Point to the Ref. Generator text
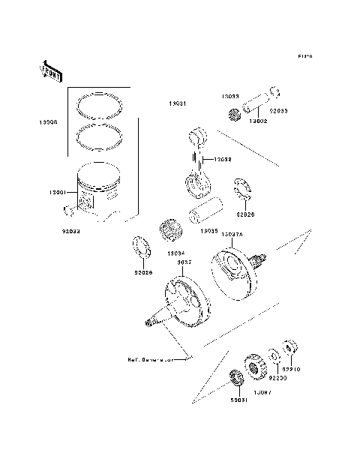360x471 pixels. click(x=150, y=359)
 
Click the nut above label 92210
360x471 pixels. click(x=289, y=349)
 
